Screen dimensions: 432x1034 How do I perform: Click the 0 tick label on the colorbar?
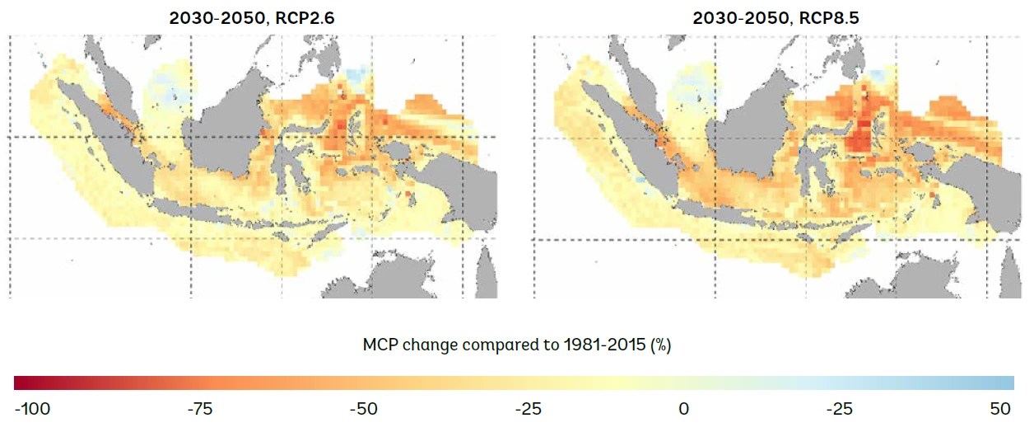tap(683, 409)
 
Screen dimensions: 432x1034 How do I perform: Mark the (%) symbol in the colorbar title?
tap(660, 345)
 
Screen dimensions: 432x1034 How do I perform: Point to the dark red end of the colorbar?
tap(21, 383)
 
